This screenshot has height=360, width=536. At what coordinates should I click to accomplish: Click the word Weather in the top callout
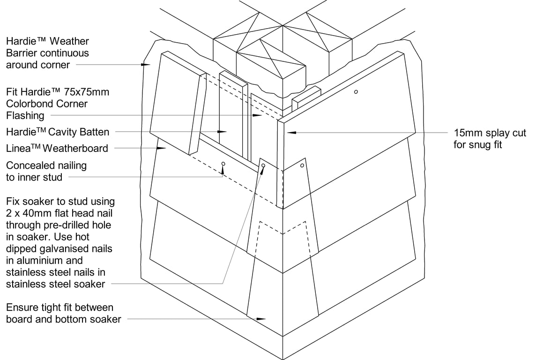point(69,41)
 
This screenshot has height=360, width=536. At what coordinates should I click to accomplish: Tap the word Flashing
point(25,116)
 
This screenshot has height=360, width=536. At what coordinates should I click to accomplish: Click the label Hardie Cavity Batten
point(58,132)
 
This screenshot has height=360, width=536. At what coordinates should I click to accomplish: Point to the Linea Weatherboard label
point(57,148)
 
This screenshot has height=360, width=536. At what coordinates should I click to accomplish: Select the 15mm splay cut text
point(490,133)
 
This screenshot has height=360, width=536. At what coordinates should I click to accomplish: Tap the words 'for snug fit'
point(477,145)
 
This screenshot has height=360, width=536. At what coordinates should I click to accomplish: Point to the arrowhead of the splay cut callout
point(291,132)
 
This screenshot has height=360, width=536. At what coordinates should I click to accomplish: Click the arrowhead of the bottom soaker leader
point(261,319)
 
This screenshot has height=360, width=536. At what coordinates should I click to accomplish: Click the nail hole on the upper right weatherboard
point(356,91)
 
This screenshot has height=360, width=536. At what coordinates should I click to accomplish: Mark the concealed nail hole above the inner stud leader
point(223,164)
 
